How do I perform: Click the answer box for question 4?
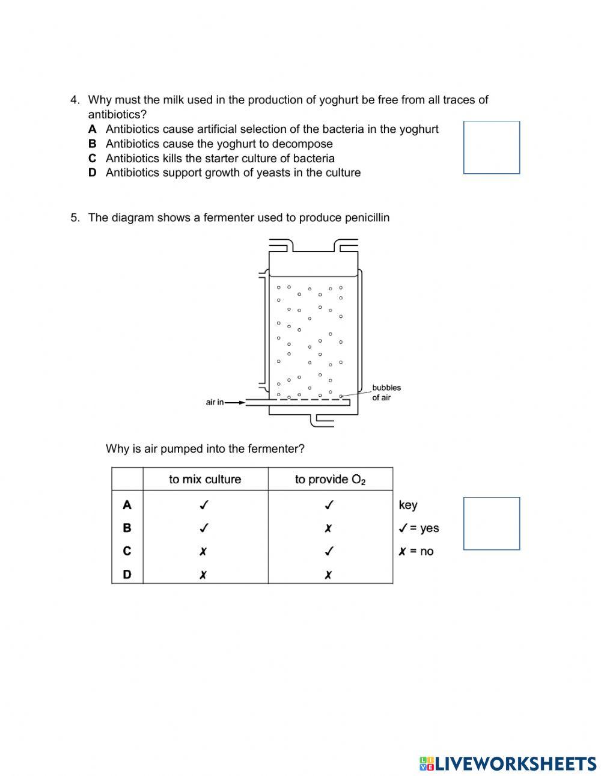(491, 147)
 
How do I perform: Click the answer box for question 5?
(491, 523)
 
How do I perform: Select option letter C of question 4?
(92, 158)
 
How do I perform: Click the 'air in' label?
(215, 402)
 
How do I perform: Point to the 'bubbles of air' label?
(386, 393)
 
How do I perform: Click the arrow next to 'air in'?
(236, 402)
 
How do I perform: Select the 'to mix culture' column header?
(205, 479)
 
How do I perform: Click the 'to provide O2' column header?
(330, 479)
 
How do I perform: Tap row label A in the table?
(127, 505)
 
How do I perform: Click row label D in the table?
(127, 574)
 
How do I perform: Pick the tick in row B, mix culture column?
(204, 528)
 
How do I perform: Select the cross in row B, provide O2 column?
(328, 528)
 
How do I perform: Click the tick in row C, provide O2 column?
(329, 551)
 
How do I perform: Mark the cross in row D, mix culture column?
(203, 575)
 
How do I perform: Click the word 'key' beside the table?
(407, 505)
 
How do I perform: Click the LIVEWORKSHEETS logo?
(507, 763)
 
